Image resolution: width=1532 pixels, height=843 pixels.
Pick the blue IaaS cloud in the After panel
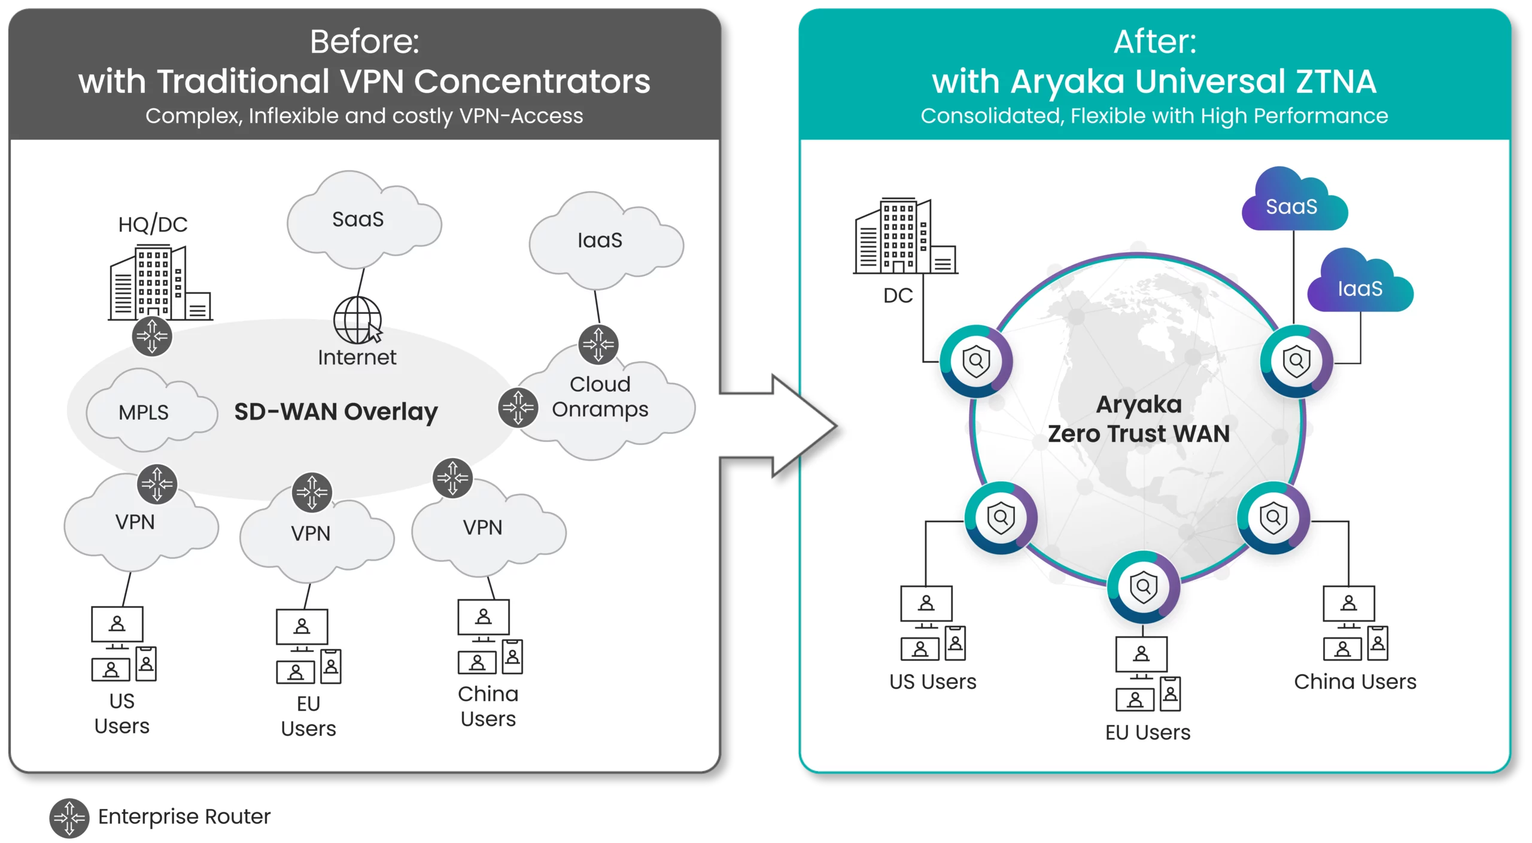[1360, 286]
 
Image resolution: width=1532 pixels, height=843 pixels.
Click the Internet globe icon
[358, 320]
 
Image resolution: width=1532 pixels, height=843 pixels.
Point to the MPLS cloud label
[144, 412]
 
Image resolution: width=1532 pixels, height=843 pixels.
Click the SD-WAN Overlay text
[336, 412]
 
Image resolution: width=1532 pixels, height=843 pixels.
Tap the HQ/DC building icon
[159, 282]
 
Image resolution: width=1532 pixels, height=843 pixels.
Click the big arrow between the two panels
[778, 425]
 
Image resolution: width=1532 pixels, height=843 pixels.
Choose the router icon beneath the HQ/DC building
[152, 336]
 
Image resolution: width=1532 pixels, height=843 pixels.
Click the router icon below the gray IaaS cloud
[598, 345]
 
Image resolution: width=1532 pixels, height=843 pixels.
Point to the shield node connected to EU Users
[1143, 587]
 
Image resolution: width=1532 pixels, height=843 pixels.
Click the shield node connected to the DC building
[976, 361]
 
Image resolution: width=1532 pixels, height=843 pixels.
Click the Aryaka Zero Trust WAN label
[1138, 419]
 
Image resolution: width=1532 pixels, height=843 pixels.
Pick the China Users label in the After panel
[1355, 681]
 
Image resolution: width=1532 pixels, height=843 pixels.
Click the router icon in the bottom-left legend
[69, 818]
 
